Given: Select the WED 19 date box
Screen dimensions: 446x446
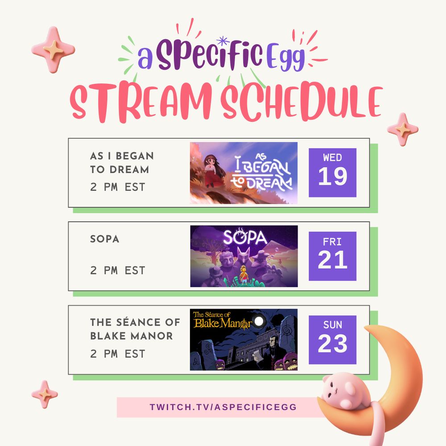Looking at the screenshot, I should coord(332,173).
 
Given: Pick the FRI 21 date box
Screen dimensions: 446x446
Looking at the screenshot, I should coord(332,256).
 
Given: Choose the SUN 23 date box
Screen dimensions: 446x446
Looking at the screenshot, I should coord(332,339).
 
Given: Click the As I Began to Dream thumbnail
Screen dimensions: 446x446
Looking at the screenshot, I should coord(244,173).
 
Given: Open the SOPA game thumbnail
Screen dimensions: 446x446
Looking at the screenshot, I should coord(244,256).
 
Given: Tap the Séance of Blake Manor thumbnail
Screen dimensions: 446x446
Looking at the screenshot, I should coord(244,339).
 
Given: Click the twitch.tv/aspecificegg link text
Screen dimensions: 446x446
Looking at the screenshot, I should coord(223,407).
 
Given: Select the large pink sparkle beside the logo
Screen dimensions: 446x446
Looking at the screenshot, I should coord(53,50).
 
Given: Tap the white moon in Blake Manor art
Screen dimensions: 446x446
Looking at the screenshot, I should coord(259,322).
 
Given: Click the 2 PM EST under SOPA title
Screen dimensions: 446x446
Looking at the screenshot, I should coord(118,270).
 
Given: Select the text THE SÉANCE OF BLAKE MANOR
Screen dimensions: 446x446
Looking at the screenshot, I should coord(135,329).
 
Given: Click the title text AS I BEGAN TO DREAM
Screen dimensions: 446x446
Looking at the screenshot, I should coord(122,163).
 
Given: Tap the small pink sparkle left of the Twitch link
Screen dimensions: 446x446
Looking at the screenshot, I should coord(45,394).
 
